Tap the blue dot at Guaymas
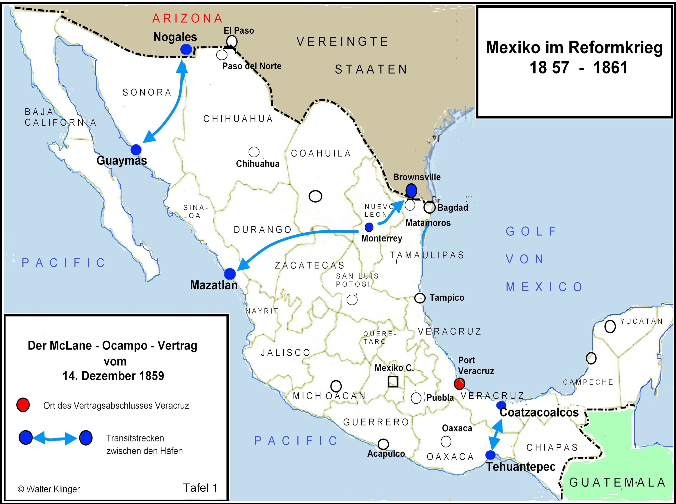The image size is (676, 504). [x=136, y=150]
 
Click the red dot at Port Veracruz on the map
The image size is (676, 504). [x=459, y=384]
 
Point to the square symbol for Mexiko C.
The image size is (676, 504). [x=393, y=382]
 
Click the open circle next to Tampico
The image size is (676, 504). [x=420, y=298]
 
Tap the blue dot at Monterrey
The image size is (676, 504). [x=369, y=227]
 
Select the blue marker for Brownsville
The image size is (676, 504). [x=411, y=190]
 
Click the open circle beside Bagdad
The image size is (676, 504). [x=429, y=208]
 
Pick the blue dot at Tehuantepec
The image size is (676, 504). [x=490, y=455]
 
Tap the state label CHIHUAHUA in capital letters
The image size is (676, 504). [x=238, y=119]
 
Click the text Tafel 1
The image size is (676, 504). [x=200, y=488]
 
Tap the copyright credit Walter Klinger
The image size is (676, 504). [x=49, y=489]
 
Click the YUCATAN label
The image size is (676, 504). [x=641, y=321]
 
